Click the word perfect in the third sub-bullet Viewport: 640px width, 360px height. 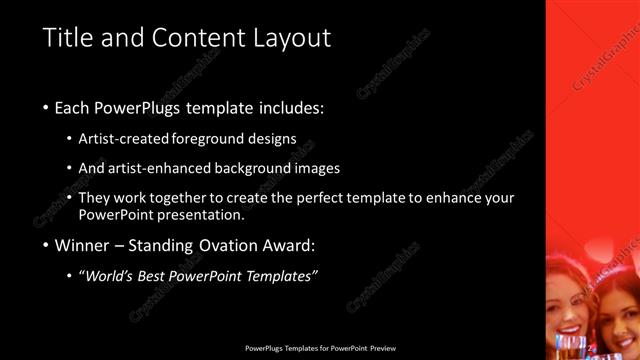point(306,197)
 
